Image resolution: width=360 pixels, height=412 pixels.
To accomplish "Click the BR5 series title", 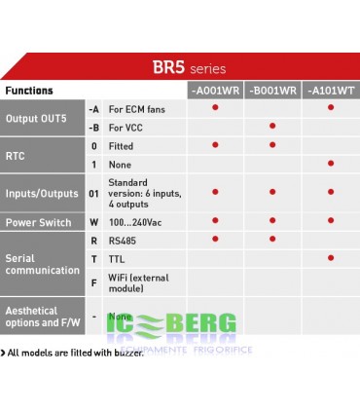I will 188,68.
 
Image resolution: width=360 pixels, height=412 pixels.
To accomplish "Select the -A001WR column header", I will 215,91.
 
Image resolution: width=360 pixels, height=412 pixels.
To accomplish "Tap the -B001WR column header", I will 272,91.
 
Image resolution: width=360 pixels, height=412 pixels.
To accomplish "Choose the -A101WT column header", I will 330,91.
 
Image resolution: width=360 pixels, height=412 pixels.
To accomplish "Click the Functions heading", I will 29,91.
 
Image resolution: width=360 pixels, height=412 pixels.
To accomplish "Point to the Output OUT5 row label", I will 38,119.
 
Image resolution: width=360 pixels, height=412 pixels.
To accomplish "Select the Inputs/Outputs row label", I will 42,191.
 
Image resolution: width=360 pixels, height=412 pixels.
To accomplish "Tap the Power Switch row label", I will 38,223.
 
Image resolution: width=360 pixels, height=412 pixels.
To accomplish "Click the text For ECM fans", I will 136,108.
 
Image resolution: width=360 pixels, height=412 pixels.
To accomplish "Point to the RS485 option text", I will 123,239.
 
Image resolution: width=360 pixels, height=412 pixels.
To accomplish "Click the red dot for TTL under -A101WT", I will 330,257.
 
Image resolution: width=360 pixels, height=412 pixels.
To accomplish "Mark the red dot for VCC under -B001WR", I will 272,126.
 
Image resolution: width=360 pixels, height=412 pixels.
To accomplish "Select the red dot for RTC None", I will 330,163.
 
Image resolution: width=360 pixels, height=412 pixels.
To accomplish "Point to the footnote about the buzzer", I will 73,352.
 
